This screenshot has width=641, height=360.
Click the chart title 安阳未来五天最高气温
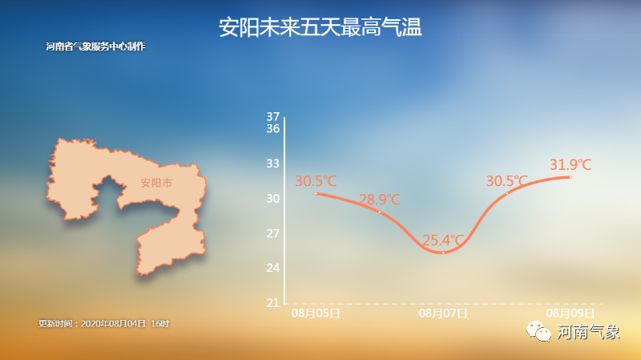320,28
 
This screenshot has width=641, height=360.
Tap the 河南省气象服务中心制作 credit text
95,47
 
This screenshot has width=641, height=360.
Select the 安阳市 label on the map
156,183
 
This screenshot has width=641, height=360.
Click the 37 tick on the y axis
272,117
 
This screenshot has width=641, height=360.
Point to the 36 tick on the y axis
272,128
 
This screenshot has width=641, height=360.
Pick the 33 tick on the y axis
272,164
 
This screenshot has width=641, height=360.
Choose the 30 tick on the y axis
272,198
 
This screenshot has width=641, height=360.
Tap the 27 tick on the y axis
272,233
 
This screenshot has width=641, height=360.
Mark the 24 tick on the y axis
272,268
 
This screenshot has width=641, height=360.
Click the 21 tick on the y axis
272,303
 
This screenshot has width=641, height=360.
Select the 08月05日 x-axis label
316,313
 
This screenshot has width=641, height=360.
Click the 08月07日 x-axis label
443,313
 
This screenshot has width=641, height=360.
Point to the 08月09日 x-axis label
570,313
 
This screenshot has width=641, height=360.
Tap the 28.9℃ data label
379,200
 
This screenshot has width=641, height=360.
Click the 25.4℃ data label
443,240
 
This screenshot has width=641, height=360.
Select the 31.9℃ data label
570,165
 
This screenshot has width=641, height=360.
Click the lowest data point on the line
443,253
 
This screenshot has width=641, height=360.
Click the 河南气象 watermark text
588,332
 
